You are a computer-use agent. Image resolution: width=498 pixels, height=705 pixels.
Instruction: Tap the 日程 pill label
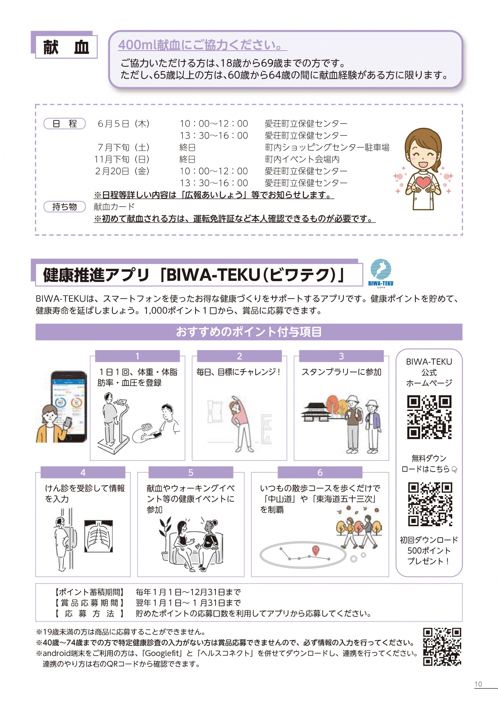65,124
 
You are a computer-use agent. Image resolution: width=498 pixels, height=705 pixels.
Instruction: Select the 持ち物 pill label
65,207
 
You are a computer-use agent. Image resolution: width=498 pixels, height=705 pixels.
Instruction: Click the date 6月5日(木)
124,124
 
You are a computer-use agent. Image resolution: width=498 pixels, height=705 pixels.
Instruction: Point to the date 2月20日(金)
122,171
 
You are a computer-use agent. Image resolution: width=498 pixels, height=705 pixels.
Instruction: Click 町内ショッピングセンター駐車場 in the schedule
327,147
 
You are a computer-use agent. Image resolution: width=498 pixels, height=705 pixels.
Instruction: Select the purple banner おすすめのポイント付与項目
249,332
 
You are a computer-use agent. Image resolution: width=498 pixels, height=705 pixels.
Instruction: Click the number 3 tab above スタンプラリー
341,356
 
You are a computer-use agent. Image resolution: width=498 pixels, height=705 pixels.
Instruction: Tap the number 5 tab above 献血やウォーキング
191,472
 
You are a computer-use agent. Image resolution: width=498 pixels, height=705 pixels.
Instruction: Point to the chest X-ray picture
98,536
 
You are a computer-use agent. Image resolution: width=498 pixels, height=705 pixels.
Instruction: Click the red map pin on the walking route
315,550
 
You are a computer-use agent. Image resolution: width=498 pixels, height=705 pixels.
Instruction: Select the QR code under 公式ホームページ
429,417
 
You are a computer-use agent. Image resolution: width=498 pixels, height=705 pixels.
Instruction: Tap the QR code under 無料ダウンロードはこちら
430,504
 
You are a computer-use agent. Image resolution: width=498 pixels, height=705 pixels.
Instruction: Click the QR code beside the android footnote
442,647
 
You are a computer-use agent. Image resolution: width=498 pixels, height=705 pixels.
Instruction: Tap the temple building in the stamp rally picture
318,411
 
